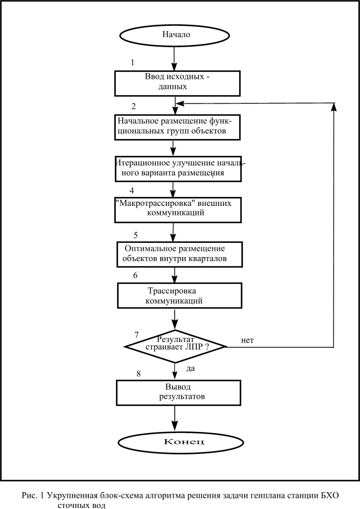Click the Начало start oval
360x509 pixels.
(x=174, y=35)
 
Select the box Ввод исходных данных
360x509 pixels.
(x=177, y=83)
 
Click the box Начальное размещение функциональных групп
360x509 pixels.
(x=177, y=127)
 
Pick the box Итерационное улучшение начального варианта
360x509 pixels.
(x=178, y=169)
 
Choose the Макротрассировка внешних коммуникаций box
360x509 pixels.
(x=178, y=210)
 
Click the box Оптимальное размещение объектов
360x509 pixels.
(x=179, y=254)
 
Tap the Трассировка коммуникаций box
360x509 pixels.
(x=179, y=295)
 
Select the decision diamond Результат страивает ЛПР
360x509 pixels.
(x=175, y=346)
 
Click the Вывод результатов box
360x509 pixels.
(x=178, y=393)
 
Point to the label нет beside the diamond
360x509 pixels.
(x=247, y=340)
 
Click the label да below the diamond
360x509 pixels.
(x=191, y=368)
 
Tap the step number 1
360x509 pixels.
(x=132, y=62)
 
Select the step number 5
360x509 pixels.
(x=136, y=235)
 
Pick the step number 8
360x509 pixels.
(x=138, y=373)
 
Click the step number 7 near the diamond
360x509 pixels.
(x=136, y=335)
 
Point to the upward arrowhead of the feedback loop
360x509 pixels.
(x=334, y=107)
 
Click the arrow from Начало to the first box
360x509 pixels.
(x=174, y=58)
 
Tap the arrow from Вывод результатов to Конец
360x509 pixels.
(x=175, y=418)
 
